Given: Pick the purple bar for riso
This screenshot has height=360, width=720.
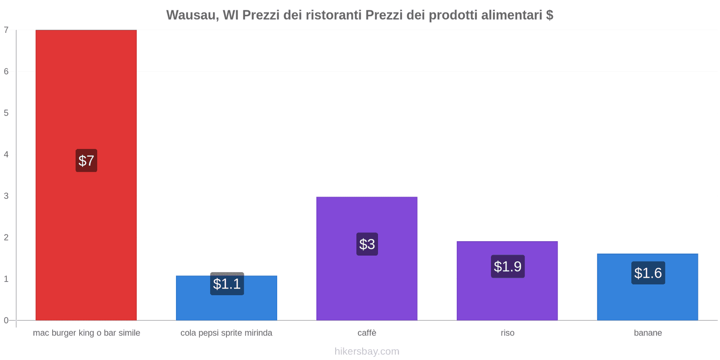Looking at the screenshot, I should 507,297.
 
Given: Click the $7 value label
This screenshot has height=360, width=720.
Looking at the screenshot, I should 86,161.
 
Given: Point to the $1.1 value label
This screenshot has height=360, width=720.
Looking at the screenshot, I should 227,284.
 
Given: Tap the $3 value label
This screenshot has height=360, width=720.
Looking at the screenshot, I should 367,244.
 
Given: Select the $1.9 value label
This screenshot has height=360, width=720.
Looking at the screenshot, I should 508,266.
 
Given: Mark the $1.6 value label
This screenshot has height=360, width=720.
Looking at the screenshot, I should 648,273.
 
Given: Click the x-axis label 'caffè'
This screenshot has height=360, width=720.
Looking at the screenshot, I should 367,333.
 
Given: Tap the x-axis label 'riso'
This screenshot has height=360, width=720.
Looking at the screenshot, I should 508,333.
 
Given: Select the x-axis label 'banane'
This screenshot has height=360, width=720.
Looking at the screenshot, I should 648,333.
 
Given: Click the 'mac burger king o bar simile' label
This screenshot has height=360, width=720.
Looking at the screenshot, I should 86,333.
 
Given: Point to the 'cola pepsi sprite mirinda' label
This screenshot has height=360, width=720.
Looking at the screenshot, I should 226,333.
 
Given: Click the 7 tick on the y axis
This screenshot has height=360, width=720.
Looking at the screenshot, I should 6,30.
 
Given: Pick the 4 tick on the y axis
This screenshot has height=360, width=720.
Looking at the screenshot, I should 6,155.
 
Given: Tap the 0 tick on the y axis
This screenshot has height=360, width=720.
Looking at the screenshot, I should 6,320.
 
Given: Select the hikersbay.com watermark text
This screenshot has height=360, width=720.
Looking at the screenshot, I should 367,351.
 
